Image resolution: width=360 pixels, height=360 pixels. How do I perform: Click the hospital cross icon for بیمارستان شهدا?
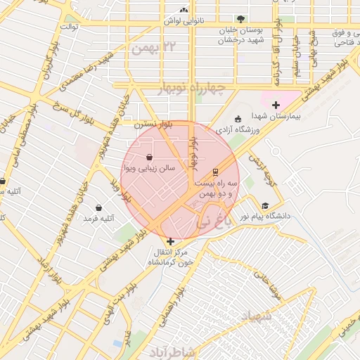tap(276, 105)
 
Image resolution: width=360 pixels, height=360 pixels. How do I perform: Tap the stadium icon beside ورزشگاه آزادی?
tap(238, 118)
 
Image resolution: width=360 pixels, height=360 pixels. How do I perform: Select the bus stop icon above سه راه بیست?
tap(215, 172)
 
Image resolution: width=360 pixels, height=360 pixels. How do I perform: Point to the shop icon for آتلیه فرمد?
tap(98, 208)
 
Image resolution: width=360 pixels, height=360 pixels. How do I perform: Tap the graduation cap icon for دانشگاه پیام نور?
tap(264, 205)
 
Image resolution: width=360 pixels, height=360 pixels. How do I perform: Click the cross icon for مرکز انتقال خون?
tap(169, 241)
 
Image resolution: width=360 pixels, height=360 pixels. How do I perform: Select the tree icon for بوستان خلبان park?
tap(241, 19)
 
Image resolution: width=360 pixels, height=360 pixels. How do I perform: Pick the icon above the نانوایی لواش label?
tap(184, 11)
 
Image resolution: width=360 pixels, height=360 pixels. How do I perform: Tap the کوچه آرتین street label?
tap(257, 166)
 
